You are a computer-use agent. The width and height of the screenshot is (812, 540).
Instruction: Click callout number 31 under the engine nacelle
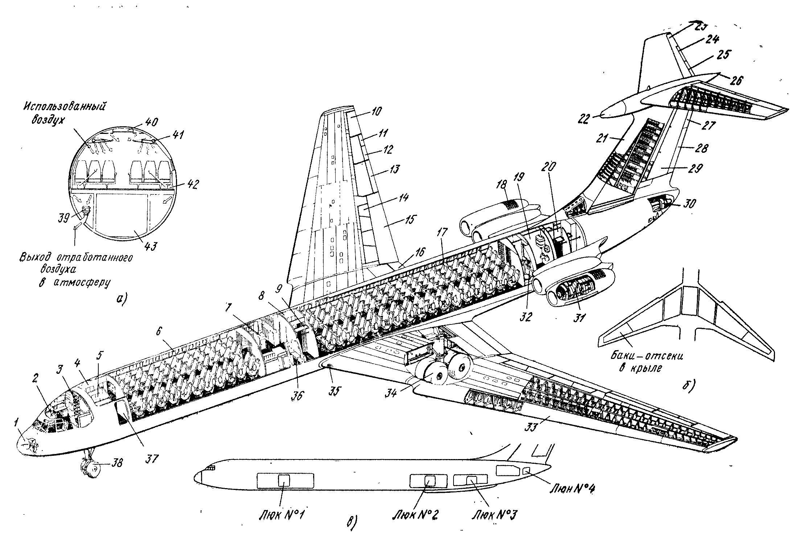(x=579, y=318)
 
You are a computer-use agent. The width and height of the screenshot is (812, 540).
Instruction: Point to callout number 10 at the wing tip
(x=376, y=111)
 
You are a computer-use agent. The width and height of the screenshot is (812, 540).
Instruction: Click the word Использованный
(x=64, y=107)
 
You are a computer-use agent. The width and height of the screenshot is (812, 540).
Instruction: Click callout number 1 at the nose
(x=16, y=422)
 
